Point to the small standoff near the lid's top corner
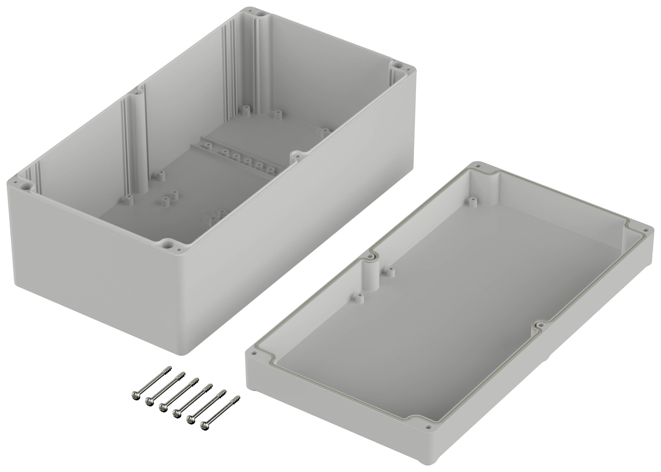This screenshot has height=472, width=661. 472,201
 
